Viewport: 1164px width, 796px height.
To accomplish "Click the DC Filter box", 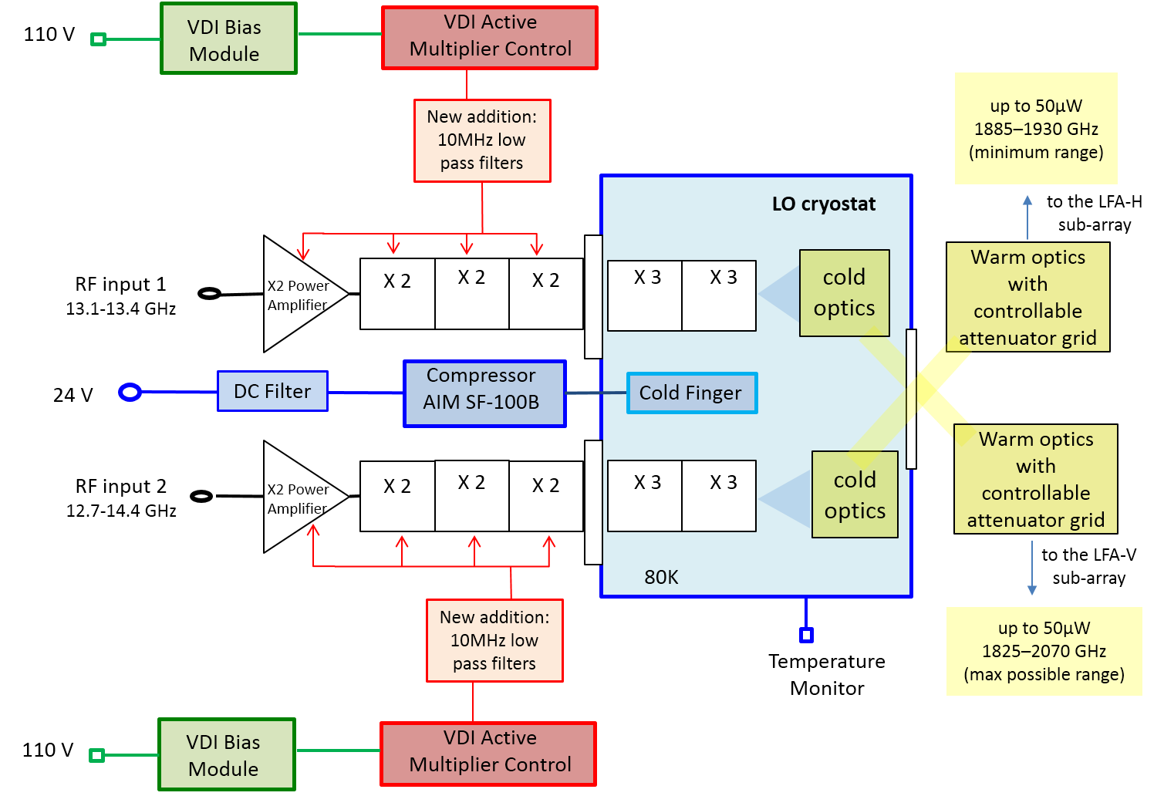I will pyautogui.click(x=272, y=391).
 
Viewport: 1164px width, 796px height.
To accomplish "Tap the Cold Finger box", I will pyautogui.click(x=691, y=393).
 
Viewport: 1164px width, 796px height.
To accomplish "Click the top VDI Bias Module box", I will pyautogui.click(x=228, y=39).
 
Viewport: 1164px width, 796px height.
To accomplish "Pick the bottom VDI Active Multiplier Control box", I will pyautogui.click(x=488, y=751).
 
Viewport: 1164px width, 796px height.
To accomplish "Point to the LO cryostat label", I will pyautogui.click(x=823, y=204).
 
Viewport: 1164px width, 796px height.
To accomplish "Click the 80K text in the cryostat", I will pyautogui.click(x=661, y=578).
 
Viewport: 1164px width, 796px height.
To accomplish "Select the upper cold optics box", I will pyautogui.click(x=844, y=293).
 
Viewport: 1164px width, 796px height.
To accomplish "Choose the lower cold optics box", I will pyautogui.click(x=855, y=494).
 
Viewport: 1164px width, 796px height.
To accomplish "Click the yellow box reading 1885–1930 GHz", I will pyautogui.click(x=1035, y=129).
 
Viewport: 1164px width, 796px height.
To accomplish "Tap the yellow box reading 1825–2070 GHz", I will pyautogui.click(x=1044, y=651).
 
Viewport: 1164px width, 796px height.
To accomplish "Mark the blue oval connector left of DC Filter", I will pyautogui.click(x=130, y=393).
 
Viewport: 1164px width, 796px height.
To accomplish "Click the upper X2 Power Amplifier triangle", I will pyautogui.click(x=297, y=295).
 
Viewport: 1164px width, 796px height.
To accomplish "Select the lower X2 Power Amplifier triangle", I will pyautogui.click(x=297, y=497).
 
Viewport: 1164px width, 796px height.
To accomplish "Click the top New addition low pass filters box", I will pyautogui.click(x=482, y=140).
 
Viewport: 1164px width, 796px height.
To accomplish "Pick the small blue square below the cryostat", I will pyautogui.click(x=806, y=636).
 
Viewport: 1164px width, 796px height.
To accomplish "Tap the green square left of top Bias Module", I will pyautogui.click(x=98, y=39).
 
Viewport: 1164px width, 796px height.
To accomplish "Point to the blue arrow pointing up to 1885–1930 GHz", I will pyautogui.click(x=1027, y=216).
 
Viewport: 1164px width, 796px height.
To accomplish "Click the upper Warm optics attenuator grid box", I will pyautogui.click(x=1027, y=298).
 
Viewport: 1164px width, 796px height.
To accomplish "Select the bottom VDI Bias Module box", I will pyautogui.click(x=227, y=755).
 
